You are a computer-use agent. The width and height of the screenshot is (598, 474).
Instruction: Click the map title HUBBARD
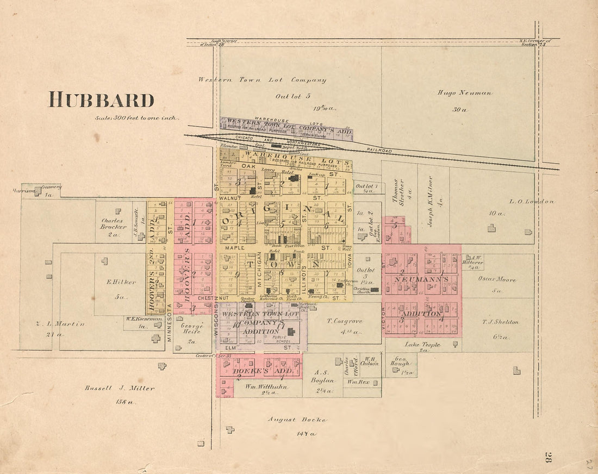(x=102, y=100)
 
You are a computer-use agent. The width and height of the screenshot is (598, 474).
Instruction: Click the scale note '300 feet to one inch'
(x=137, y=118)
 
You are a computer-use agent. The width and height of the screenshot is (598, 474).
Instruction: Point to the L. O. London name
(x=531, y=202)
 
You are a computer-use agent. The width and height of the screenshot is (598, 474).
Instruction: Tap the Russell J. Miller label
(x=119, y=388)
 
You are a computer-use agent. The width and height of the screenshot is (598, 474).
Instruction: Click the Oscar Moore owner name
(x=497, y=279)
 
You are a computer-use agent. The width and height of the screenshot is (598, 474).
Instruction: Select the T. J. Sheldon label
(x=500, y=322)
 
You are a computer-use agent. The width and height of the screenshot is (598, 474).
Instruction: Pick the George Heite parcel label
(x=192, y=329)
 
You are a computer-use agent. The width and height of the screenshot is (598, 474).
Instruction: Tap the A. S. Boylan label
(x=322, y=377)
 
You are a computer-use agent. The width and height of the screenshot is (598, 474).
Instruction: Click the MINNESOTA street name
(x=170, y=322)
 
